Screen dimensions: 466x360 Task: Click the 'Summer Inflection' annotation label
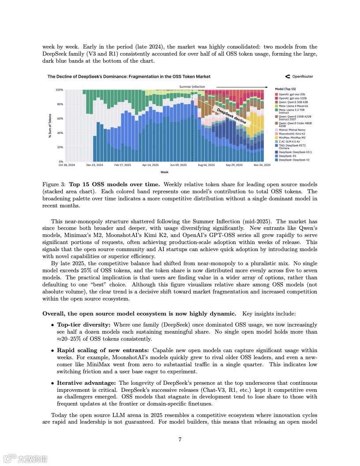[192, 86]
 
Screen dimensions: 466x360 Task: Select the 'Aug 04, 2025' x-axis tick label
[206, 165]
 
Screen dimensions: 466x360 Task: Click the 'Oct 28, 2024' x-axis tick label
[67, 165]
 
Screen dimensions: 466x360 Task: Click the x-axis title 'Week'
[164, 172]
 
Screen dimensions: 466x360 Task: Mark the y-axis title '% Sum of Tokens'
[50, 126]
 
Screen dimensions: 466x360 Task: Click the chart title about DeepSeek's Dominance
[129, 76]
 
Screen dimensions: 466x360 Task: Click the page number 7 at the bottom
[180, 439]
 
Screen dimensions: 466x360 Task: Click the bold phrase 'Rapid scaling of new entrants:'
[103, 350]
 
